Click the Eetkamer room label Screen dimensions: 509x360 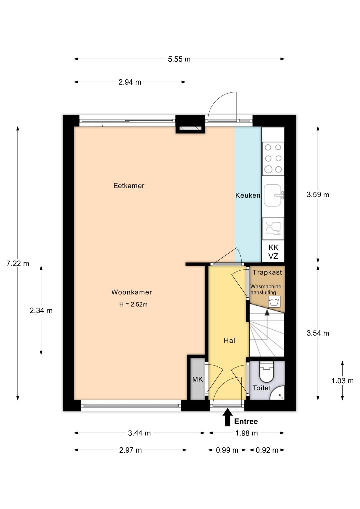point(129,186)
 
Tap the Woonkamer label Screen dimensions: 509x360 point(131,292)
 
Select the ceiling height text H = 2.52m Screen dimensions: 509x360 point(133,304)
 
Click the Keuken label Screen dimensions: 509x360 point(247,196)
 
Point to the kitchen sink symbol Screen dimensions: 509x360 point(273,195)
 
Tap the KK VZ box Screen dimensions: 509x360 point(273,252)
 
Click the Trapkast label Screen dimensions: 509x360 point(267,272)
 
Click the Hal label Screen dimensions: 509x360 point(229,340)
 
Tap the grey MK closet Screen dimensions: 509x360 point(197,379)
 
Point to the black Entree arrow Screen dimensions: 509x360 point(228,417)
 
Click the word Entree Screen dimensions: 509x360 point(246,422)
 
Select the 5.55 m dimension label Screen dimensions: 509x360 point(179,59)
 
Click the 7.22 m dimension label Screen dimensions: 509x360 point(18,264)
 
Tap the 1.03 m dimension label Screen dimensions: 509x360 point(342,381)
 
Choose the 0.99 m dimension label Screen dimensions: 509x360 point(227,450)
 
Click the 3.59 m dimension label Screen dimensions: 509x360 point(318,195)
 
